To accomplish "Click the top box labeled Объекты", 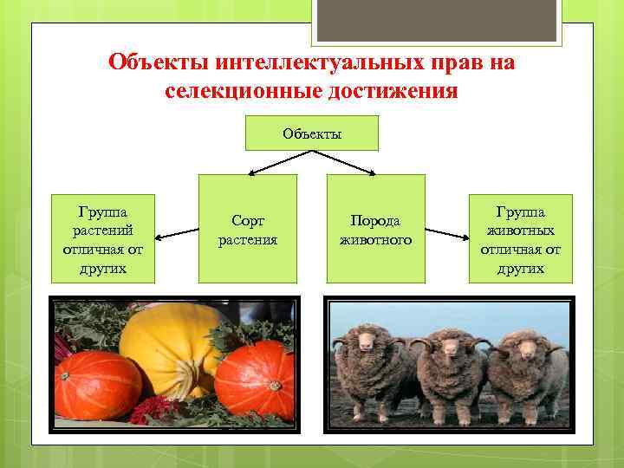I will pyautogui.click(x=312, y=133).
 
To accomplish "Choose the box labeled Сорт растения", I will pyautogui.click(x=248, y=229).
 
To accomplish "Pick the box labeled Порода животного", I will pyautogui.click(x=375, y=229).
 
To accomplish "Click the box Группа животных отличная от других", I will pyautogui.click(x=521, y=238).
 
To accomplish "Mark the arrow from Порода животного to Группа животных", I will pyautogui.click(x=446, y=233).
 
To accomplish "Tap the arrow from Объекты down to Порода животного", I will pyautogui.click(x=347, y=163).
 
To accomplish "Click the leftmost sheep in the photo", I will pyautogui.click(x=368, y=373).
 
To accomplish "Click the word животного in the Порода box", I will pyautogui.click(x=375, y=239).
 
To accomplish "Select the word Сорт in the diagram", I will pyautogui.click(x=248, y=221).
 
